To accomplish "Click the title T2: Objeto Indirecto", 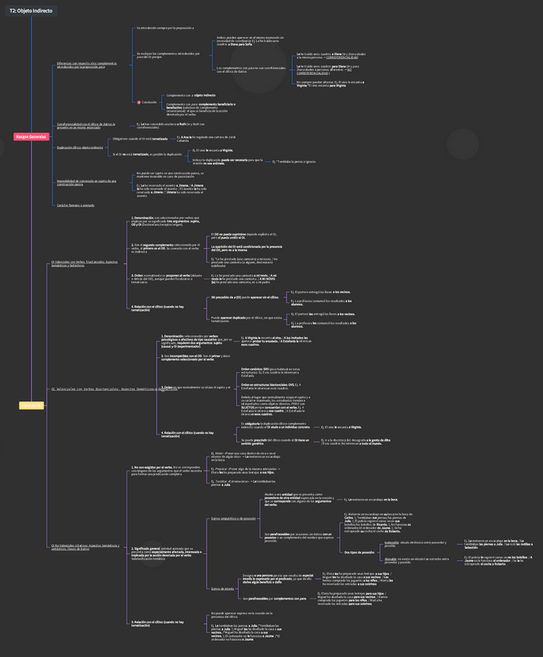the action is pyautogui.click(x=31, y=11).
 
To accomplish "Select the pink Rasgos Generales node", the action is pyautogui.click(x=31, y=136).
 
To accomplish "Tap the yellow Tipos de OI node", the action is pyautogui.click(x=31, y=405).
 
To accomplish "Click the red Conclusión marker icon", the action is pyautogui.click(x=139, y=102).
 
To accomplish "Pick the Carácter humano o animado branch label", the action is pyautogui.click(x=75, y=205).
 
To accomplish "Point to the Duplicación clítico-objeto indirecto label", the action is pyautogui.click(x=80, y=146).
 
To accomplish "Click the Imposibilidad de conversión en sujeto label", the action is pyautogui.click(x=86, y=183).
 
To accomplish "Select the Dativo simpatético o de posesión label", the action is pyautogui.click(x=233, y=518).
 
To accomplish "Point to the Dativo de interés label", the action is pyautogui.click(x=222, y=589).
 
